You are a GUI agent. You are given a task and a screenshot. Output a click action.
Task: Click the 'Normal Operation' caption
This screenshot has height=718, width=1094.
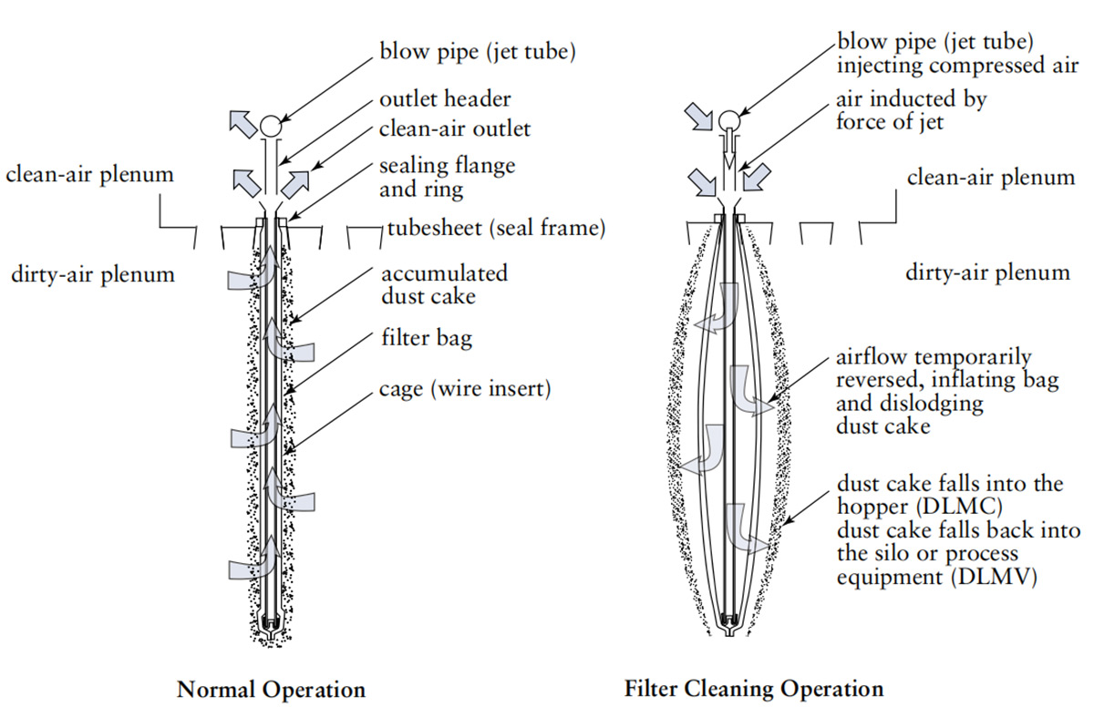(x=271, y=688)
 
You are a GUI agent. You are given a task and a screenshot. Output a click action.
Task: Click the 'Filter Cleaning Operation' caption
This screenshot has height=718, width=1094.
(x=754, y=688)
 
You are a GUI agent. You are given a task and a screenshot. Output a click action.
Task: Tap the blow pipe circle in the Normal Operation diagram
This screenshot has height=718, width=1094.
(x=271, y=126)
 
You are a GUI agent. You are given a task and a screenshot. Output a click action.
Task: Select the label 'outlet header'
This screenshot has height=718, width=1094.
(x=445, y=99)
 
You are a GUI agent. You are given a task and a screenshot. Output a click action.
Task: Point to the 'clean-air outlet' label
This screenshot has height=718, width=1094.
(x=454, y=128)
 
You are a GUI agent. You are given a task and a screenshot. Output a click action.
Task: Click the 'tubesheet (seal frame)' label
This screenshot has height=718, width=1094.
(x=498, y=228)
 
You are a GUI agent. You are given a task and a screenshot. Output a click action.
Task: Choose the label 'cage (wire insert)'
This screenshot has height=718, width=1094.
(x=465, y=389)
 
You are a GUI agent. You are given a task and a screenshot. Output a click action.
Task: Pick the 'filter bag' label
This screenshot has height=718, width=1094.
(x=426, y=340)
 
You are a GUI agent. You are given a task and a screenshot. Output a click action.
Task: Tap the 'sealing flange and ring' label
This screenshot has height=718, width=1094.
(x=447, y=177)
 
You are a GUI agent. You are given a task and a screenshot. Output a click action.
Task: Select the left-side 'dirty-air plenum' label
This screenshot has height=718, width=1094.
(x=92, y=272)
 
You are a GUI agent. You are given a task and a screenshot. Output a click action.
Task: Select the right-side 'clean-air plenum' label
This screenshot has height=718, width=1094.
(x=990, y=177)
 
